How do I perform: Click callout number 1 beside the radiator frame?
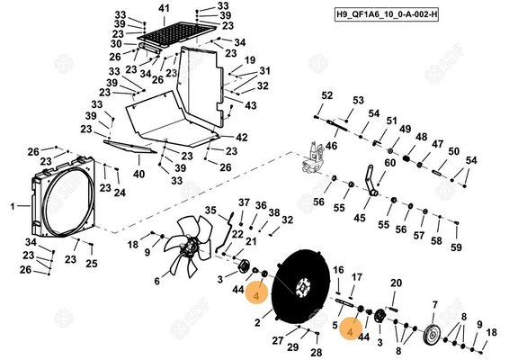(13, 206)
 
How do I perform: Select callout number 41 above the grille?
(163, 8)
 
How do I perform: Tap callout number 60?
(390, 163)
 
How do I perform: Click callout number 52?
(327, 95)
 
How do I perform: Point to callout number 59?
(456, 247)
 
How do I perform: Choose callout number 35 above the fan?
(210, 211)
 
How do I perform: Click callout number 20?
(396, 283)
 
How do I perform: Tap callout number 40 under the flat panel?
(138, 173)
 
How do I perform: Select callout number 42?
(241, 138)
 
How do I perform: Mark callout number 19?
(251, 59)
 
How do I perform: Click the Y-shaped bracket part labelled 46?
(315, 158)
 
